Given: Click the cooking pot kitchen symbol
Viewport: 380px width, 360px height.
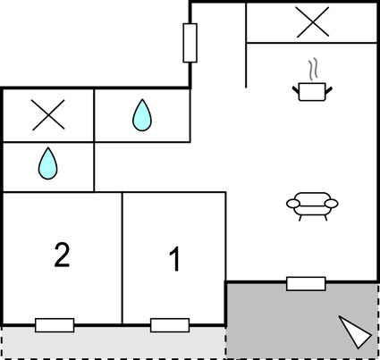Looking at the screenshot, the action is (x=312, y=92).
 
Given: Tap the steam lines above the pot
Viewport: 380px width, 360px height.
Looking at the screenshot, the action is (x=313, y=70).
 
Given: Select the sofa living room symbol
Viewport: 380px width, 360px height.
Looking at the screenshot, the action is (x=312, y=206).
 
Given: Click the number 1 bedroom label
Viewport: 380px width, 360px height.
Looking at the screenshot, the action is (x=174, y=259).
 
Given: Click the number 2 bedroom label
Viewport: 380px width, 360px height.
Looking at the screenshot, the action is (x=62, y=255).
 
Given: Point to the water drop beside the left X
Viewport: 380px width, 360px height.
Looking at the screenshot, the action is (x=142, y=115).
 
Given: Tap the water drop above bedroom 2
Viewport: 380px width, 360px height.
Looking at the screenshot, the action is (x=47, y=163).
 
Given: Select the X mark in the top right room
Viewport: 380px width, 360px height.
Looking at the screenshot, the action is (x=313, y=22).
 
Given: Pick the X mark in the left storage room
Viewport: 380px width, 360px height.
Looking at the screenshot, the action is (x=48, y=115).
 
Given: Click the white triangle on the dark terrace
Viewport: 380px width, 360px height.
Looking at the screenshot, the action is (x=354, y=331).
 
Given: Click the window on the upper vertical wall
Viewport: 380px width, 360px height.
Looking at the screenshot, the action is (x=190, y=43).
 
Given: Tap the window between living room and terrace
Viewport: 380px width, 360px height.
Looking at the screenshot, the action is (x=306, y=283).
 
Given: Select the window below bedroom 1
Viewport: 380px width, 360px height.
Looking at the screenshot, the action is (x=170, y=325).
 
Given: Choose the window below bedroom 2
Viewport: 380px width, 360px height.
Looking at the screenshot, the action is (x=55, y=325).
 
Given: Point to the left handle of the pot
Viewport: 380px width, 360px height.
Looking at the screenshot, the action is (x=296, y=90).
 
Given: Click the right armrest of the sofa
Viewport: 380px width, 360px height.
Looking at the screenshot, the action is (x=331, y=204).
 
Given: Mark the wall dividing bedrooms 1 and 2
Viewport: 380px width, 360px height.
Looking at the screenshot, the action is (x=122, y=258).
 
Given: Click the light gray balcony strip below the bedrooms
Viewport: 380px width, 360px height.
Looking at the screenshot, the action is (x=113, y=342).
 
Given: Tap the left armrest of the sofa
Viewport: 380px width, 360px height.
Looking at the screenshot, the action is (x=293, y=204).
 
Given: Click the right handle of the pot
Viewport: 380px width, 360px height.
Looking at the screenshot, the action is (x=329, y=90).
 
